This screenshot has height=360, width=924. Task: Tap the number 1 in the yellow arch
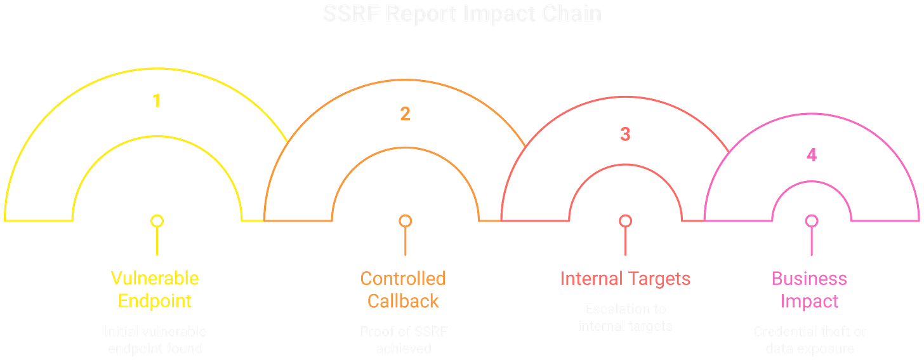pos(156,101)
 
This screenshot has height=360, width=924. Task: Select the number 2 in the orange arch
pos(405,114)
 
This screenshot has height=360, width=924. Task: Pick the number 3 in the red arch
pos(625,133)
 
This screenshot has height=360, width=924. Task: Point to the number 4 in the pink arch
pos(811,156)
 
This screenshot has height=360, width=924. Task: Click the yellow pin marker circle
pos(156,221)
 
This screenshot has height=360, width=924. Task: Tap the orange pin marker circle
pos(405,221)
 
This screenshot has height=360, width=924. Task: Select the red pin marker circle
pos(625,221)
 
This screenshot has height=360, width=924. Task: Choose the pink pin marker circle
pos(811,221)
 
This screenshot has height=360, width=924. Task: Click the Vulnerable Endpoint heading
pos(155,289)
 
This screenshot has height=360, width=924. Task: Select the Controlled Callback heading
pos(403,289)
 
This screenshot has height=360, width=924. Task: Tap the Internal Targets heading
pos(625,278)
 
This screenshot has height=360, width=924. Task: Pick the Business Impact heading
pos(809,290)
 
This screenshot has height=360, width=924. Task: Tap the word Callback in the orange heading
pos(403,300)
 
